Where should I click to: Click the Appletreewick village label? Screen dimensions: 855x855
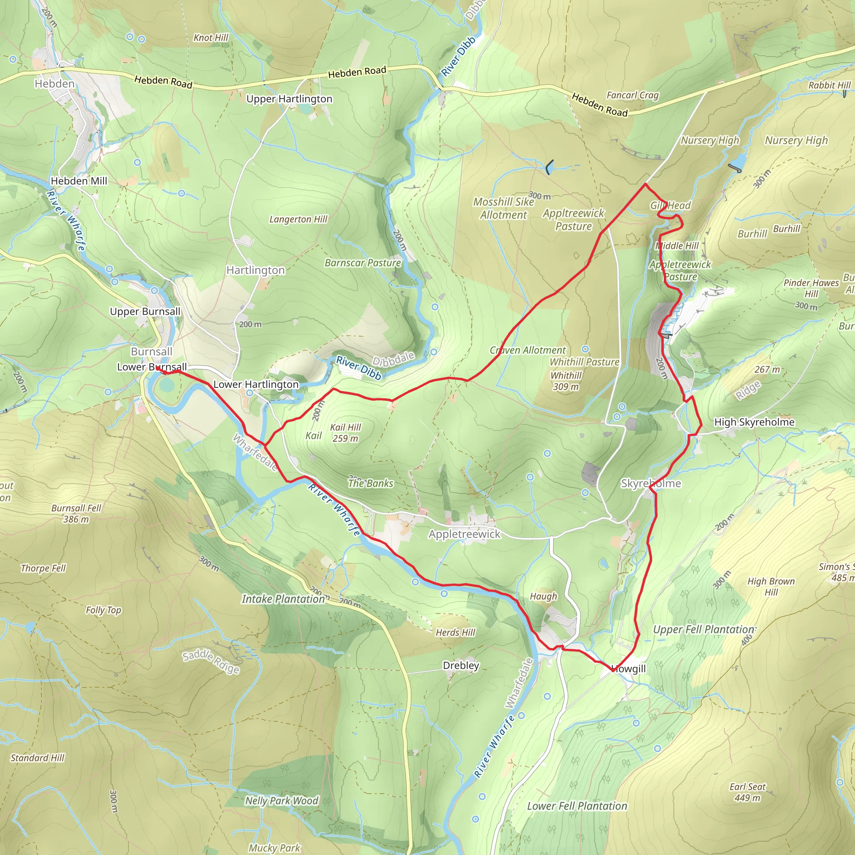coord(464,534)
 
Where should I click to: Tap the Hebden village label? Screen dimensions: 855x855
coord(54,83)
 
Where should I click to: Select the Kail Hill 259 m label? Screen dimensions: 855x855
coord(345,433)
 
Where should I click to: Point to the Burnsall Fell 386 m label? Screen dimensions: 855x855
coord(76,514)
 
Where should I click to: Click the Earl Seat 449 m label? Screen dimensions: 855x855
coord(747,792)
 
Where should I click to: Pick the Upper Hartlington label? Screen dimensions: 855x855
coord(289,99)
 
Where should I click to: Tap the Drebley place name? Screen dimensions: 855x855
coord(461,665)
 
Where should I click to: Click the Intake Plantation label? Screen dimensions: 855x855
coord(283,599)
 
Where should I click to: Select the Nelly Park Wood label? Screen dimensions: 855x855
coord(281,801)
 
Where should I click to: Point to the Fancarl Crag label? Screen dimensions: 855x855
coord(632,95)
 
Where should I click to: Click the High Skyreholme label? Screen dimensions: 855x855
coord(754,422)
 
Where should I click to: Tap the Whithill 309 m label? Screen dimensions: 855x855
coord(566,381)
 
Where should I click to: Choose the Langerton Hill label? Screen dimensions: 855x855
coord(298,219)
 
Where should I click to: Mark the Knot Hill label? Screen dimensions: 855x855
coord(211,38)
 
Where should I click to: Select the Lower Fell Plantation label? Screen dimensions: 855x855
coord(577,806)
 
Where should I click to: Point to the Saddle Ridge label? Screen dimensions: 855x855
coord(211,661)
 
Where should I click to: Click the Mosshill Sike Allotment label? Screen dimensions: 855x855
coord(503,208)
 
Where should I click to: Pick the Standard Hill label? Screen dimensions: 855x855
coord(38,758)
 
